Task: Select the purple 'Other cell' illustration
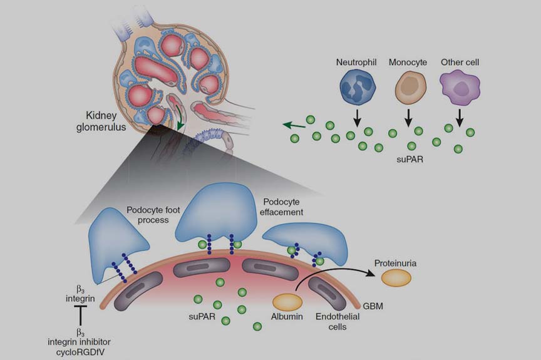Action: click(460, 87)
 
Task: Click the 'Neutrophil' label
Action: click(354, 63)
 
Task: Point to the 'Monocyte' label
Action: click(408, 63)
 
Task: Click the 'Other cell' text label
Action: click(460, 63)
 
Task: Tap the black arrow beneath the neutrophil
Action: click(356, 117)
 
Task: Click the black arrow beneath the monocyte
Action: click(409, 117)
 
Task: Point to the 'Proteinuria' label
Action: click(395, 263)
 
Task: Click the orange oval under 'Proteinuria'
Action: click(396, 279)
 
